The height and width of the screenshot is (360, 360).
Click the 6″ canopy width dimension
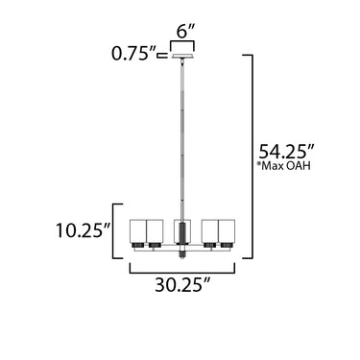point(186,31)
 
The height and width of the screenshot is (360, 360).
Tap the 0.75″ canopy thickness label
point(133,54)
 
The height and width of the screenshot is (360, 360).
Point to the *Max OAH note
point(283,166)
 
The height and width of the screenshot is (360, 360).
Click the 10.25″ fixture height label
point(84,230)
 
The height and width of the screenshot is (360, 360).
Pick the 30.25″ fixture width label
point(182,284)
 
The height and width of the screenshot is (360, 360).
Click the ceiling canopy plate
point(182,57)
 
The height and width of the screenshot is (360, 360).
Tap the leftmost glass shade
point(138,231)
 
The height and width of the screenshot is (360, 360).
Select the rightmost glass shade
point(227,231)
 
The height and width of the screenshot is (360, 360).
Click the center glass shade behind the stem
point(176,231)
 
